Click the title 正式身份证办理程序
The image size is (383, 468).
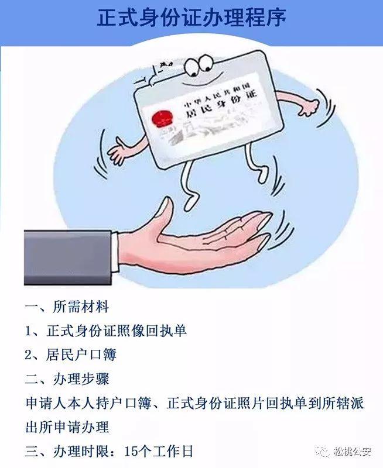191,18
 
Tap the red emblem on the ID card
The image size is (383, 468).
162,118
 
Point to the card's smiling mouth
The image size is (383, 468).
199,82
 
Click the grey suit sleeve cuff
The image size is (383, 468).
68,257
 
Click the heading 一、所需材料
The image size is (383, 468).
67,307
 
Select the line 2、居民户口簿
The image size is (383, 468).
70,355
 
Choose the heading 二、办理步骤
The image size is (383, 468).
67,379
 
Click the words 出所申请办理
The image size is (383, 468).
67,428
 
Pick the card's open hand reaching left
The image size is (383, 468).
119,153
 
